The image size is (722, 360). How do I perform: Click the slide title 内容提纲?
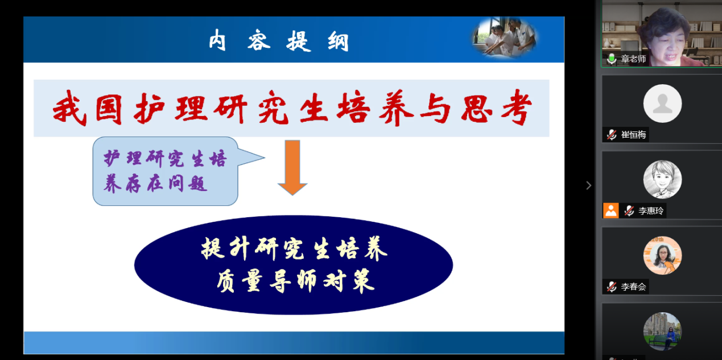(279, 40)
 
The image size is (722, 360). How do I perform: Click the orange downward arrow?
(292, 168)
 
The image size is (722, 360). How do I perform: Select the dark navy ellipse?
(294, 265)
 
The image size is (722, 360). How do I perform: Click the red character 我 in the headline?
(69, 107)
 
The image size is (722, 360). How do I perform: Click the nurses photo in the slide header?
(505, 38)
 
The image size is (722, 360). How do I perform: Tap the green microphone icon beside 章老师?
(612, 59)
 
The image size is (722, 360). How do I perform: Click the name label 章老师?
(633, 59)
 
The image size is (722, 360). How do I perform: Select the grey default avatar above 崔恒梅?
(662, 104)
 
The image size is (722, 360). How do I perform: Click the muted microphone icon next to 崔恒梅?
(612, 134)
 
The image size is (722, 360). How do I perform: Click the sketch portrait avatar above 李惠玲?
(662, 180)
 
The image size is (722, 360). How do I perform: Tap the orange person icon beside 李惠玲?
(611, 211)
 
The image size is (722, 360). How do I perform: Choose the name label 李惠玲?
(651, 211)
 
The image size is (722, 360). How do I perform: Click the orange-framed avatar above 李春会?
(662, 255)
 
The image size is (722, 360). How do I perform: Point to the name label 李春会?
(633, 287)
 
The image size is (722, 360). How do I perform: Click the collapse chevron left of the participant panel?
(588, 185)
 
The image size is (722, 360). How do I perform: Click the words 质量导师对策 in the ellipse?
(295, 281)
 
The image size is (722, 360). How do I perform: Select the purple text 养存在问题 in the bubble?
(155, 184)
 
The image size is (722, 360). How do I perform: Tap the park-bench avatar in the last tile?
(662, 332)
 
